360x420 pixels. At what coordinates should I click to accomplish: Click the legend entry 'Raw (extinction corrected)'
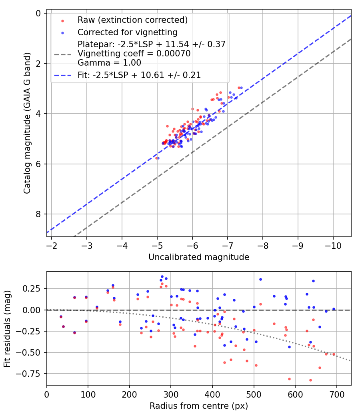132,20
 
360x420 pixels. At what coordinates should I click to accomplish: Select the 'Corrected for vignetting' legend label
127,32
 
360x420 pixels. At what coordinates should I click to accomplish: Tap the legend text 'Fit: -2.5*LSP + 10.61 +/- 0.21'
139,75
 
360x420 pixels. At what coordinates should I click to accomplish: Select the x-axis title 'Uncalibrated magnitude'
199,257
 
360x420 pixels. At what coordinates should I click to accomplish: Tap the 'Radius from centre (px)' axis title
199,406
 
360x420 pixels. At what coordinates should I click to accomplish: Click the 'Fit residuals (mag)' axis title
7,328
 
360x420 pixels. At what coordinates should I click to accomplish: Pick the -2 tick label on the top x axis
52,245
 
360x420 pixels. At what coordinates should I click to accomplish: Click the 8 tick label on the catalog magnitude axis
38,214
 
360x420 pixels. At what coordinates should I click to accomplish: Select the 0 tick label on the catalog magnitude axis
38,14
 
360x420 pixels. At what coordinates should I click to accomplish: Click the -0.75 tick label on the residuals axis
31,374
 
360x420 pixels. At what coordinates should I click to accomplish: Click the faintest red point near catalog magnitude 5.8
156,158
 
